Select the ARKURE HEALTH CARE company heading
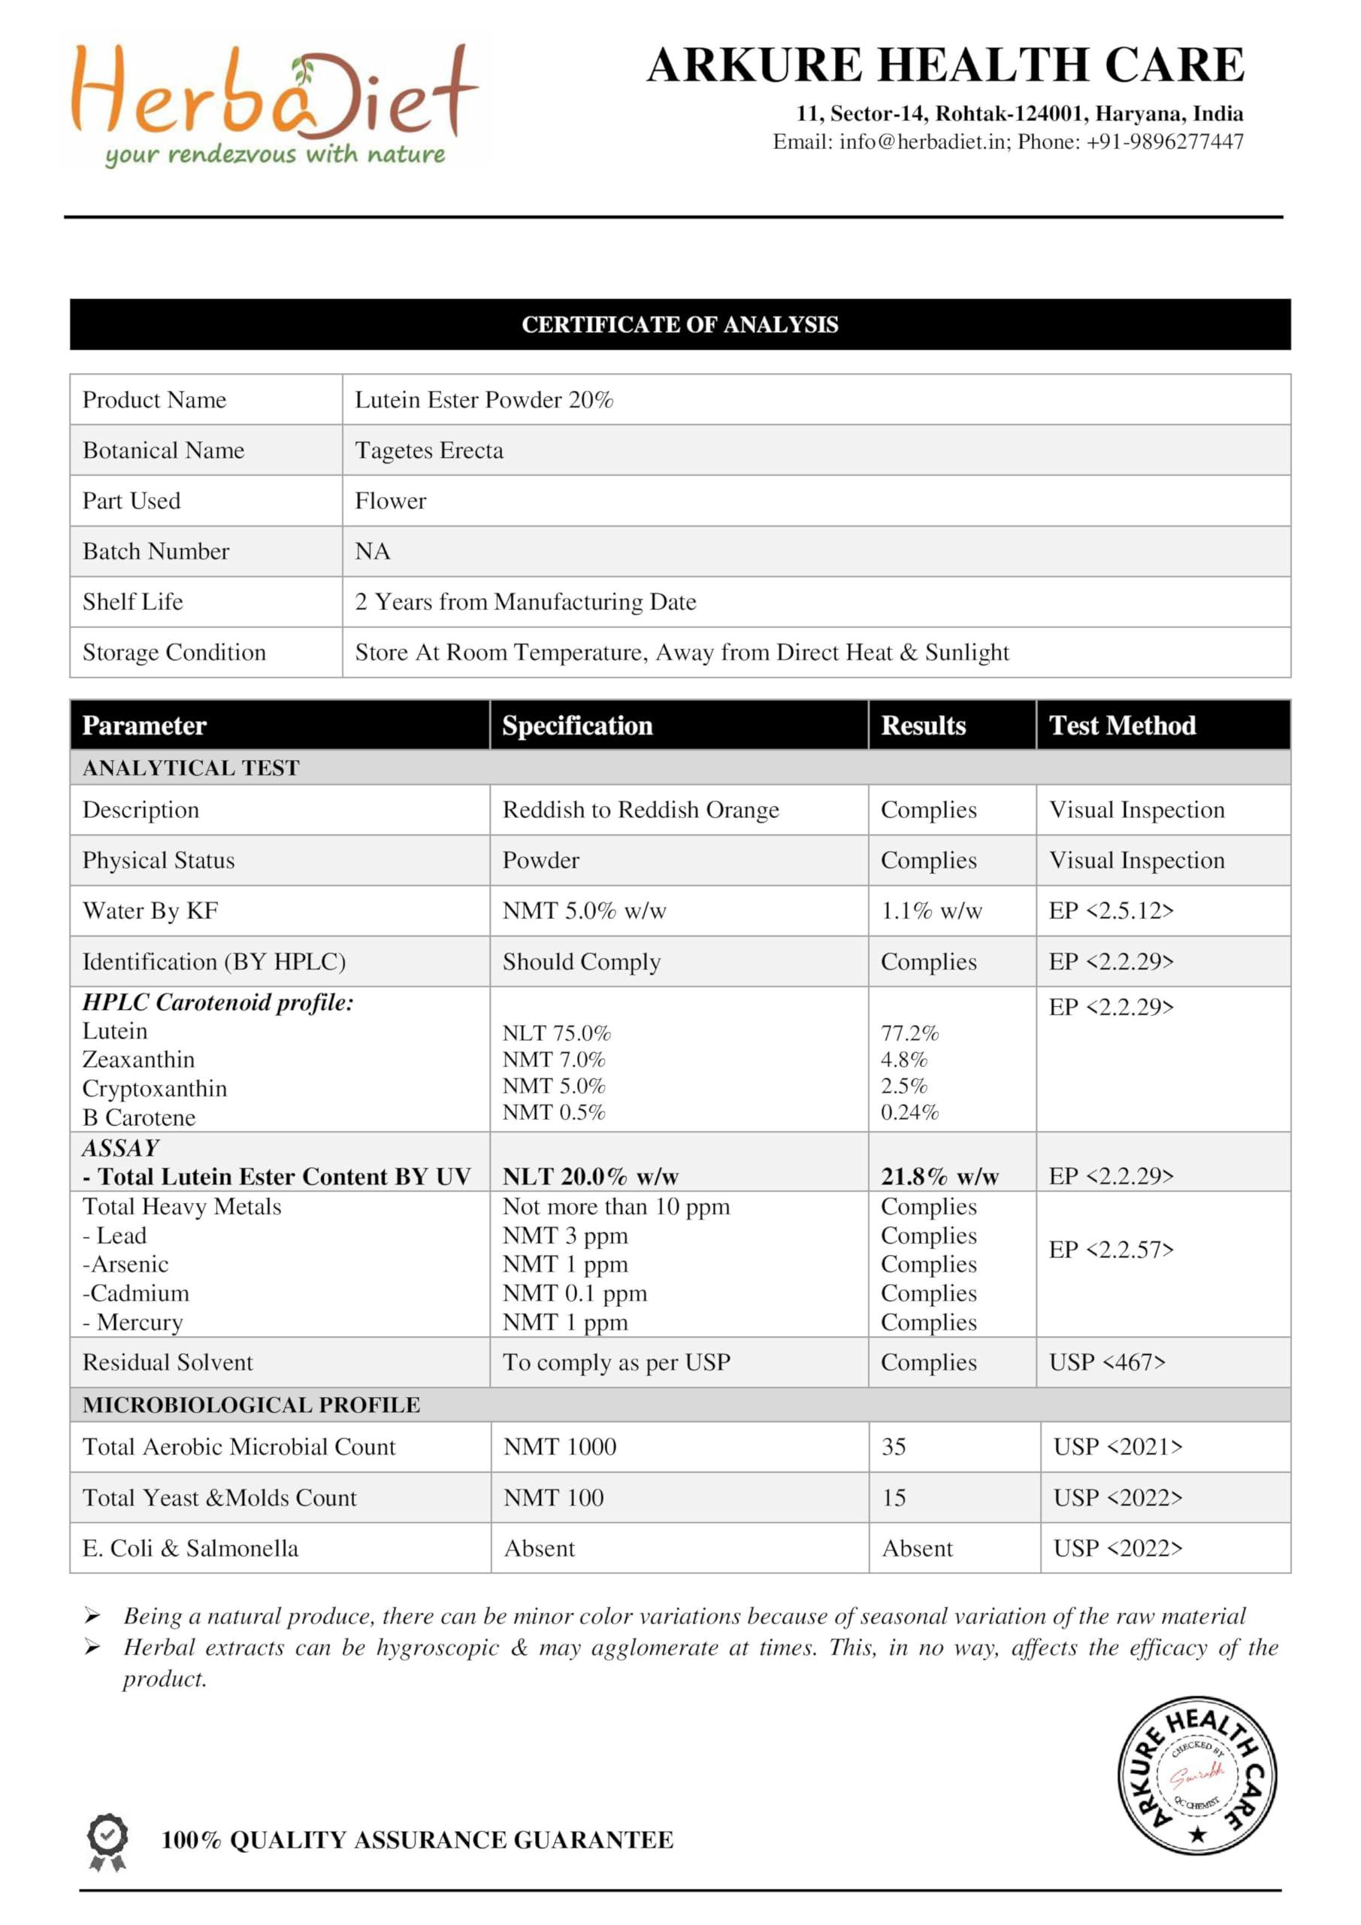point(945,65)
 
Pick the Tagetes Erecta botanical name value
point(429,450)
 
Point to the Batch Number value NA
point(372,551)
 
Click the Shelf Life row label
point(132,601)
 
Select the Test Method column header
point(1122,725)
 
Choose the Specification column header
point(576,725)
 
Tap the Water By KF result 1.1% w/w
point(931,911)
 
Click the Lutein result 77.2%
point(909,1032)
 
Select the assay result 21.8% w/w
point(939,1176)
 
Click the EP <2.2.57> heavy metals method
point(1111,1249)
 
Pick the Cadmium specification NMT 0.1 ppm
point(574,1293)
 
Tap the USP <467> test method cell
point(1106,1362)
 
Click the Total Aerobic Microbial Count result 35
point(894,1446)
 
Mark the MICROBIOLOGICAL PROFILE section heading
point(252,1405)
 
